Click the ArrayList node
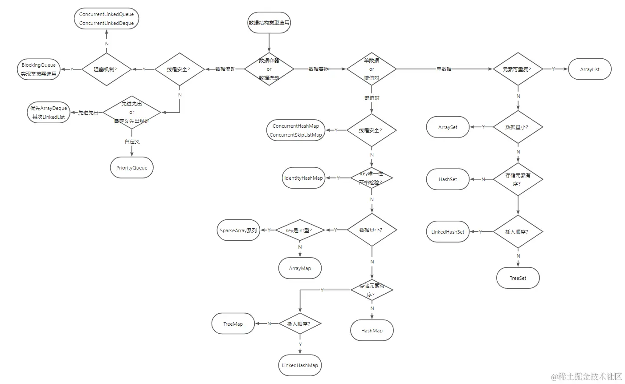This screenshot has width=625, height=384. pyautogui.click(x=590, y=69)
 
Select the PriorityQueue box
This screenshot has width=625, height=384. pyautogui.click(x=132, y=168)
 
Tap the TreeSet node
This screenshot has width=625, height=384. pyautogui.click(x=518, y=278)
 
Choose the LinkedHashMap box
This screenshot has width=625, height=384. pyautogui.click(x=300, y=365)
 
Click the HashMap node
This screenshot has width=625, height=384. pyautogui.click(x=372, y=331)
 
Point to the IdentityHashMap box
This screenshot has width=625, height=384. pyautogui.click(x=303, y=178)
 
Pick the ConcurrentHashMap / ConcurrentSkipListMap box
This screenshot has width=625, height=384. pyautogui.click(x=296, y=130)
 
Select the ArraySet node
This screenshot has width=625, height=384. pyautogui.click(x=448, y=127)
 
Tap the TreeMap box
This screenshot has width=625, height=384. pyautogui.click(x=233, y=324)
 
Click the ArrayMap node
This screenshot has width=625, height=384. pyautogui.click(x=300, y=268)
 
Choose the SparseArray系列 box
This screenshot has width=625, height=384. pyautogui.click(x=238, y=230)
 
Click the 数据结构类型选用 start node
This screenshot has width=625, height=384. pyautogui.click(x=269, y=23)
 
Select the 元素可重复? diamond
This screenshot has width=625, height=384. pyautogui.click(x=518, y=69)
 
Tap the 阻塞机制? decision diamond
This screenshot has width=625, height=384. pyautogui.click(x=106, y=69)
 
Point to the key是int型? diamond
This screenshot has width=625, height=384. pyautogui.click(x=299, y=230)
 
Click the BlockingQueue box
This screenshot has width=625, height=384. pyautogui.click(x=39, y=69)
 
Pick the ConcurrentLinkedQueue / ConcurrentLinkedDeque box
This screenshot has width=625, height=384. pyautogui.click(x=106, y=19)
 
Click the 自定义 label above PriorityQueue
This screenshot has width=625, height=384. pyautogui.click(x=132, y=141)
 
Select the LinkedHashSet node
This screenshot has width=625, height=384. pyautogui.click(x=448, y=232)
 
